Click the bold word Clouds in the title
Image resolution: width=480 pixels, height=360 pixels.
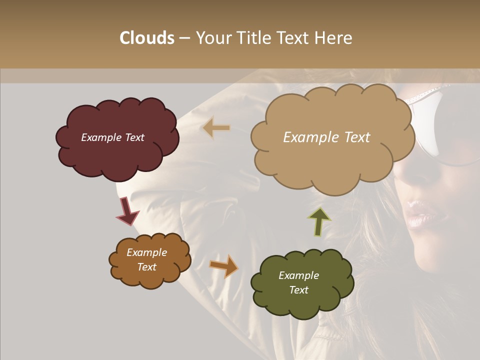click(147, 38)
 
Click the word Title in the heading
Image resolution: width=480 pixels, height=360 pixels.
click(253, 38)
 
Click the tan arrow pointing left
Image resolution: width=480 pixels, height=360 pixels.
click(216, 128)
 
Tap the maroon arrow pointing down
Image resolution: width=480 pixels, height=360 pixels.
click(127, 211)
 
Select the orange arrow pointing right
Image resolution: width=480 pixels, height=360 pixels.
click(224, 266)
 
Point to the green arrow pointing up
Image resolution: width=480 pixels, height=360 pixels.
click(319, 221)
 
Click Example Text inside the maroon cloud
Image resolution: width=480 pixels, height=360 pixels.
click(112, 137)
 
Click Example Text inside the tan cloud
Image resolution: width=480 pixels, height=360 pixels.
click(326, 137)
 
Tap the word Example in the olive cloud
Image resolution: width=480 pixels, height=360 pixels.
click(298, 275)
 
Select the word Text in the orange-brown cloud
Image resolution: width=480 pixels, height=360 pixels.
click(146, 267)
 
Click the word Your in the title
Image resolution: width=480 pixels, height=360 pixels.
click(212, 38)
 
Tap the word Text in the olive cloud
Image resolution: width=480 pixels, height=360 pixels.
click(298, 290)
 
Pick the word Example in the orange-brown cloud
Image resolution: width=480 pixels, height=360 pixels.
click(146, 252)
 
